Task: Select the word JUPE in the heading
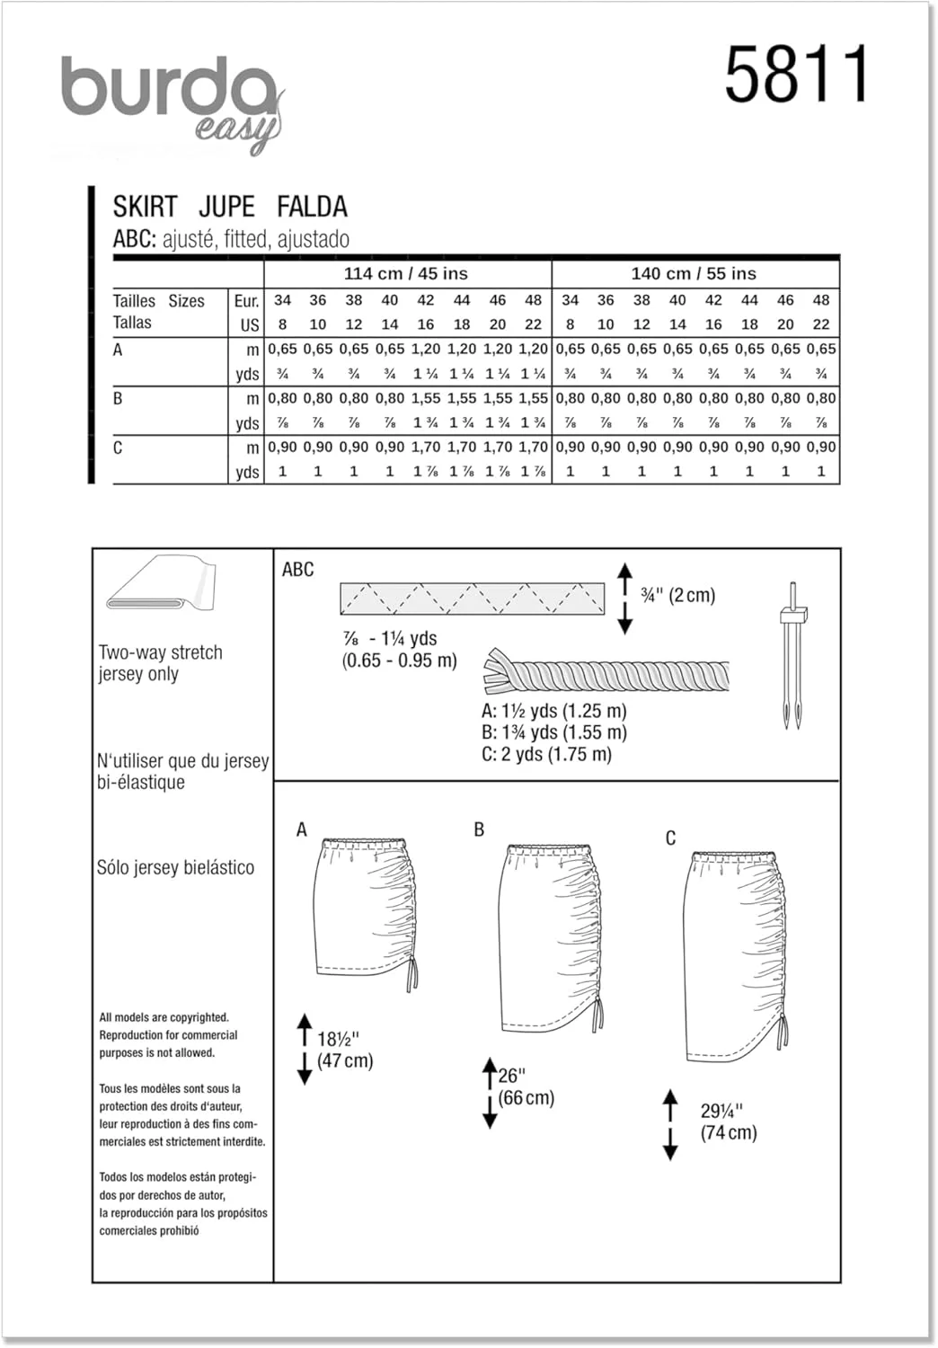(x=226, y=207)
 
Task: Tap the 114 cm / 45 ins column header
(x=406, y=274)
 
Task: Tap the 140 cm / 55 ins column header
(x=694, y=274)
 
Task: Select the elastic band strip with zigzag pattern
(x=472, y=599)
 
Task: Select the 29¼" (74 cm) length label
(x=728, y=1122)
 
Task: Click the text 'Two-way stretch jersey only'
(x=160, y=663)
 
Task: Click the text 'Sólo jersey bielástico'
(x=175, y=867)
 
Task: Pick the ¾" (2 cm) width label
(x=677, y=595)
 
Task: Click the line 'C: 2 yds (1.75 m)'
(x=546, y=755)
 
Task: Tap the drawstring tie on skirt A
(x=412, y=975)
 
